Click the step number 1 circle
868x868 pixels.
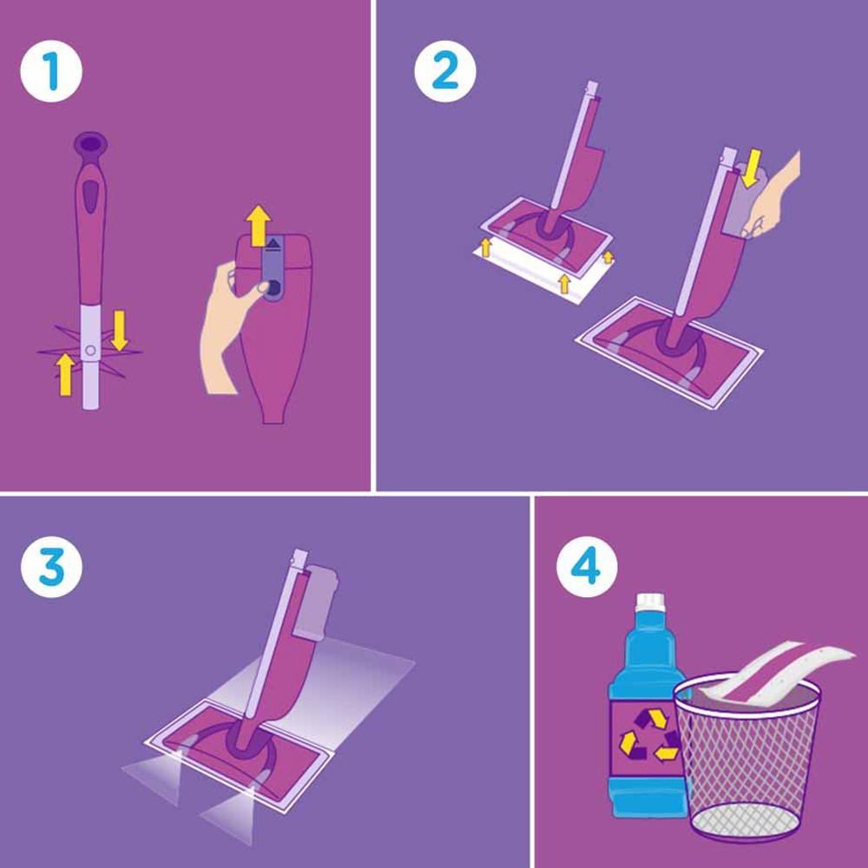pyautogui.click(x=51, y=71)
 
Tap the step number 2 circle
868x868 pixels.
pyautogui.click(x=445, y=71)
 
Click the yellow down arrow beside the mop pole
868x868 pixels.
pyautogui.click(x=120, y=331)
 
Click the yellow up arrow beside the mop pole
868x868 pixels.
pyautogui.click(x=65, y=374)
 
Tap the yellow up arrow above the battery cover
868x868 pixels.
pyautogui.click(x=258, y=226)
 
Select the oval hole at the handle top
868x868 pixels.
pyautogui.click(x=90, y=143)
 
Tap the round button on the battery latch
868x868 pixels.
pyautogui.click(x=273, y=287)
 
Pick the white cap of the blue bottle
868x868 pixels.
pyautogui.click(x=650, y=602)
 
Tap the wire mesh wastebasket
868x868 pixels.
pyautogui.click(x=747, y=758)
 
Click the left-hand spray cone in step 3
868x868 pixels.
pyautogui.click(x=153, y=775)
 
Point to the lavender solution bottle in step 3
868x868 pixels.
pyautogui.click(x=314, y=602)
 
